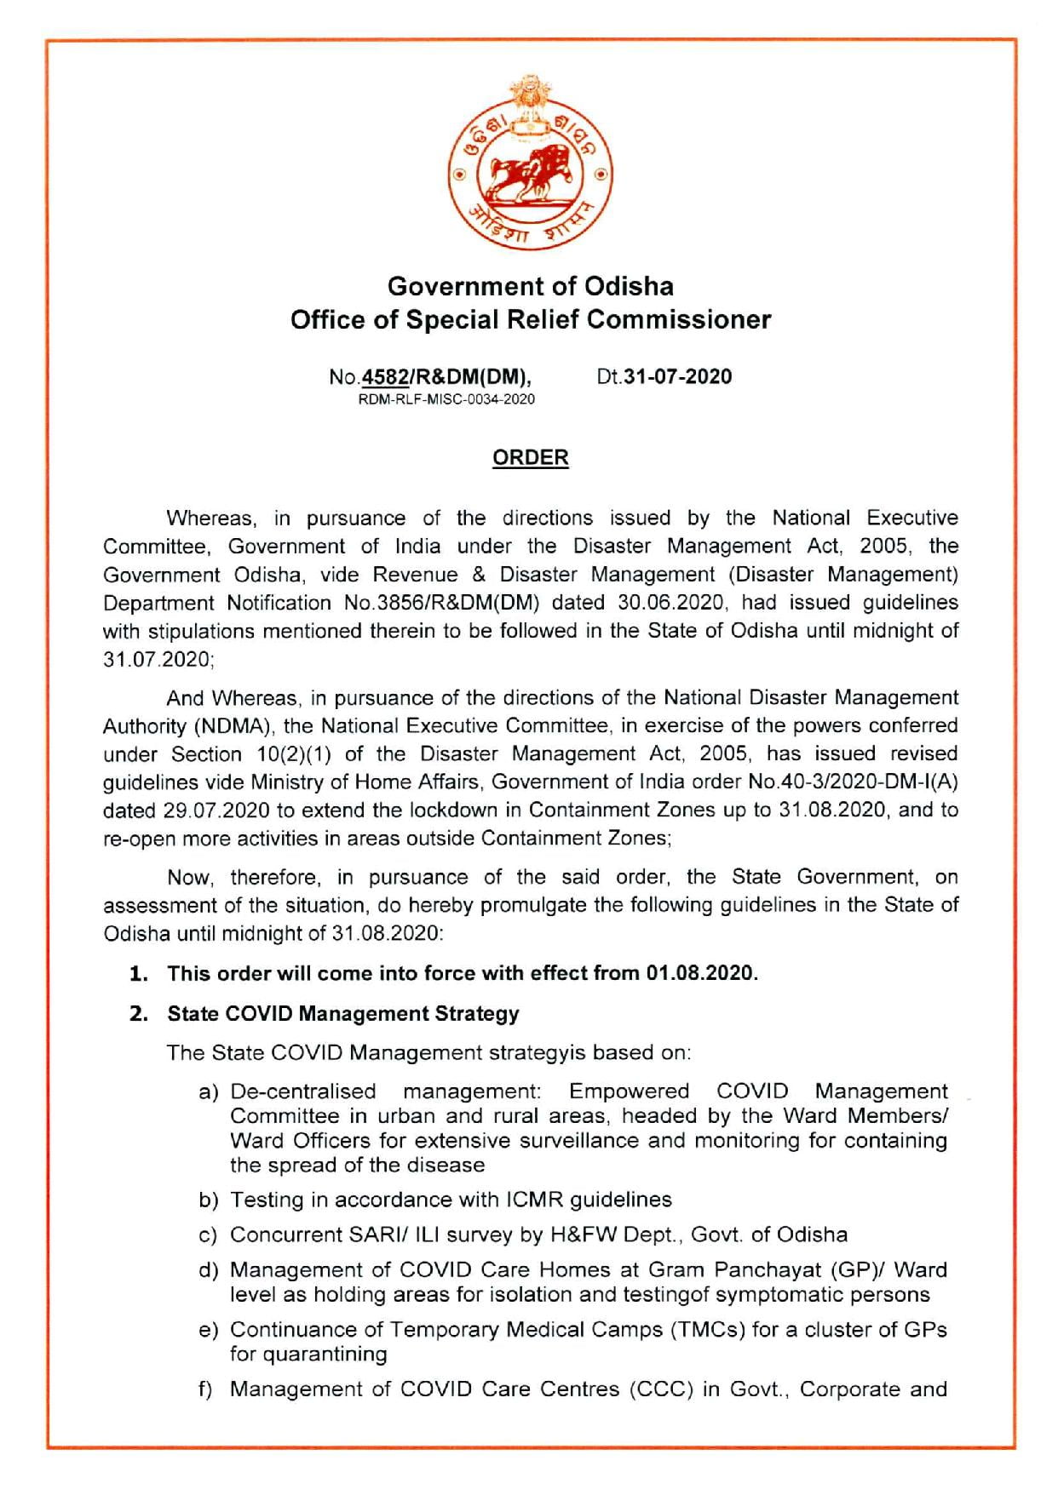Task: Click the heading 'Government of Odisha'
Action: [530, 285]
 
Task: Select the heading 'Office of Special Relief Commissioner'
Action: [530, 320]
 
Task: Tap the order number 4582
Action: [385, 377]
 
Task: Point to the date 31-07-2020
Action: [677, 377]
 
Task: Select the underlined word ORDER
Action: [530, 458]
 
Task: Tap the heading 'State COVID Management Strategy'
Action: [343, 1014]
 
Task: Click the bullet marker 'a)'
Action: [209, 1092]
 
